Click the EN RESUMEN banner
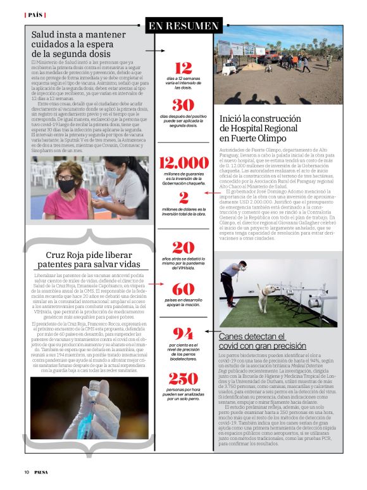pos(183,26)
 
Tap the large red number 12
pos(183,68)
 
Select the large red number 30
pos(183,105)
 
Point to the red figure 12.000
pos(183,163)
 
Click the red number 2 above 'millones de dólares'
pos(183,198)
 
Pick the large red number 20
pos(183,248)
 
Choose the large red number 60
pos(183,289)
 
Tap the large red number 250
pos(183,378)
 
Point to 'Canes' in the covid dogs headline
pos(233,336)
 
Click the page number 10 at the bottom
pos(27,472)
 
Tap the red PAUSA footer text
pos(42,472)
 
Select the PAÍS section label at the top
pos(35,14)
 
